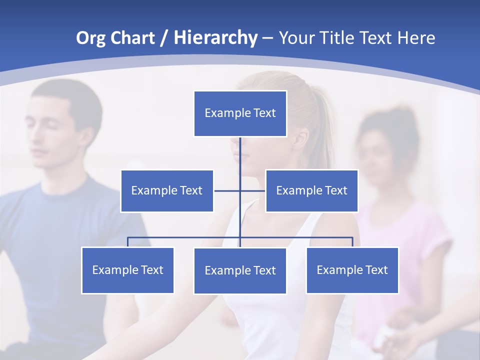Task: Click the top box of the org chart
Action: (x=240, y=113)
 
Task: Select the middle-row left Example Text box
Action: (x=167, y=191)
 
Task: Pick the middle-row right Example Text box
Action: (x=311, y=191)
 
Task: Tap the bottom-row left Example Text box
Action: (x=127, y=270)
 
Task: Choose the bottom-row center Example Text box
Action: (x=240, y=271)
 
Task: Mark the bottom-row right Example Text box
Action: (x=352, y=270)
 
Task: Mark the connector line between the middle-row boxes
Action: (x=240, y=191)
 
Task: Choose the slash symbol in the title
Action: (x=163, y=38)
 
